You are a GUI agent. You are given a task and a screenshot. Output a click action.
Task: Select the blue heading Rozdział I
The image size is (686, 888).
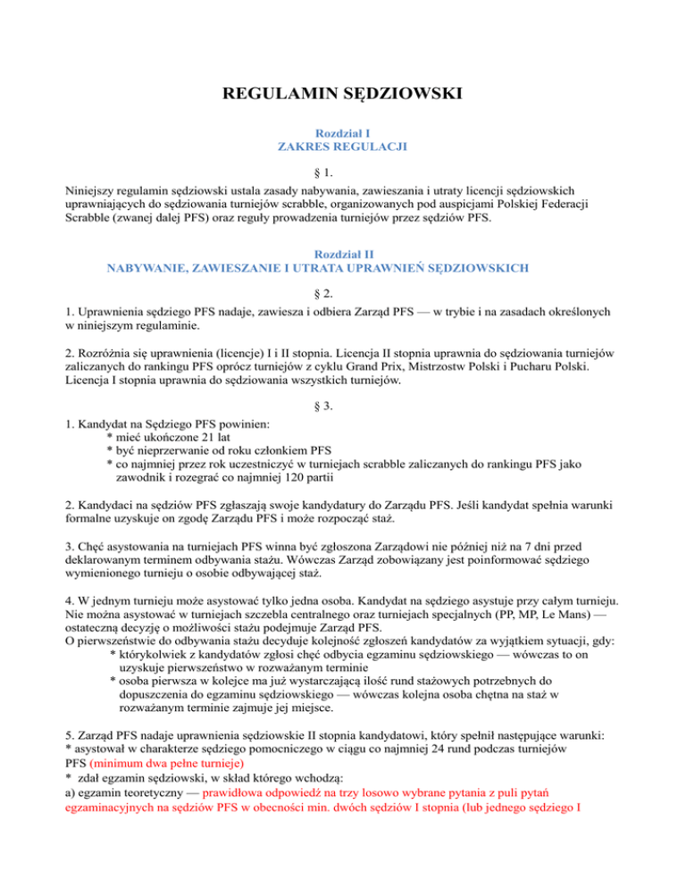coord(342,132)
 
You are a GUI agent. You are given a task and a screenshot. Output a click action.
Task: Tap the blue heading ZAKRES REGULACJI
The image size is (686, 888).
coord(342,147)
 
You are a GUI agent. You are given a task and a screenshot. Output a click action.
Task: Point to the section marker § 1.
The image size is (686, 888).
coord(342,173)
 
